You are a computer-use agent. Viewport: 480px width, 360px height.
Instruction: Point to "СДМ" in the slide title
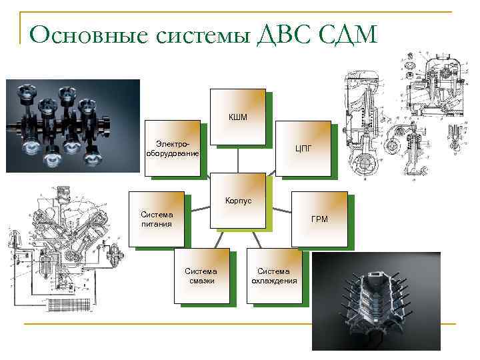pyautogui.click(x=347, y=33)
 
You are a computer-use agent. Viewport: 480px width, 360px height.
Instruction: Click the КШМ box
pyautogui.click(x=237, y=117)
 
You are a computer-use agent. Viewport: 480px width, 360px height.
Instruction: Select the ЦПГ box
pyautogui.click(x=303, y=148)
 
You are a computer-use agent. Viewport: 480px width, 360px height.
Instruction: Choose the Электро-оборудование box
pyautogui.click(x=173, y=148)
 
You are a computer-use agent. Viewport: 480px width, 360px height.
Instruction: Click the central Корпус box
pyautogui.click(x=237, y=201)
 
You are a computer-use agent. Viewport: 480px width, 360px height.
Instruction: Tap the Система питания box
pyautogui.click(x=157, y=219)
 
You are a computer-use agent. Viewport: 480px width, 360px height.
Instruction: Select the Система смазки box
pyautogui.click(x=201, y=276)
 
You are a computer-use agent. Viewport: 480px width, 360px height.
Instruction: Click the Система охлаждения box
pyautogui.click(x=273, y=276)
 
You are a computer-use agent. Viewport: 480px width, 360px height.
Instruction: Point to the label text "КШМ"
pyautogui.click(x=237, y=117)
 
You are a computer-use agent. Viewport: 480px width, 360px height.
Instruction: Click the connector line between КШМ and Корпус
pyautogui.click(x=238, y=160)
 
